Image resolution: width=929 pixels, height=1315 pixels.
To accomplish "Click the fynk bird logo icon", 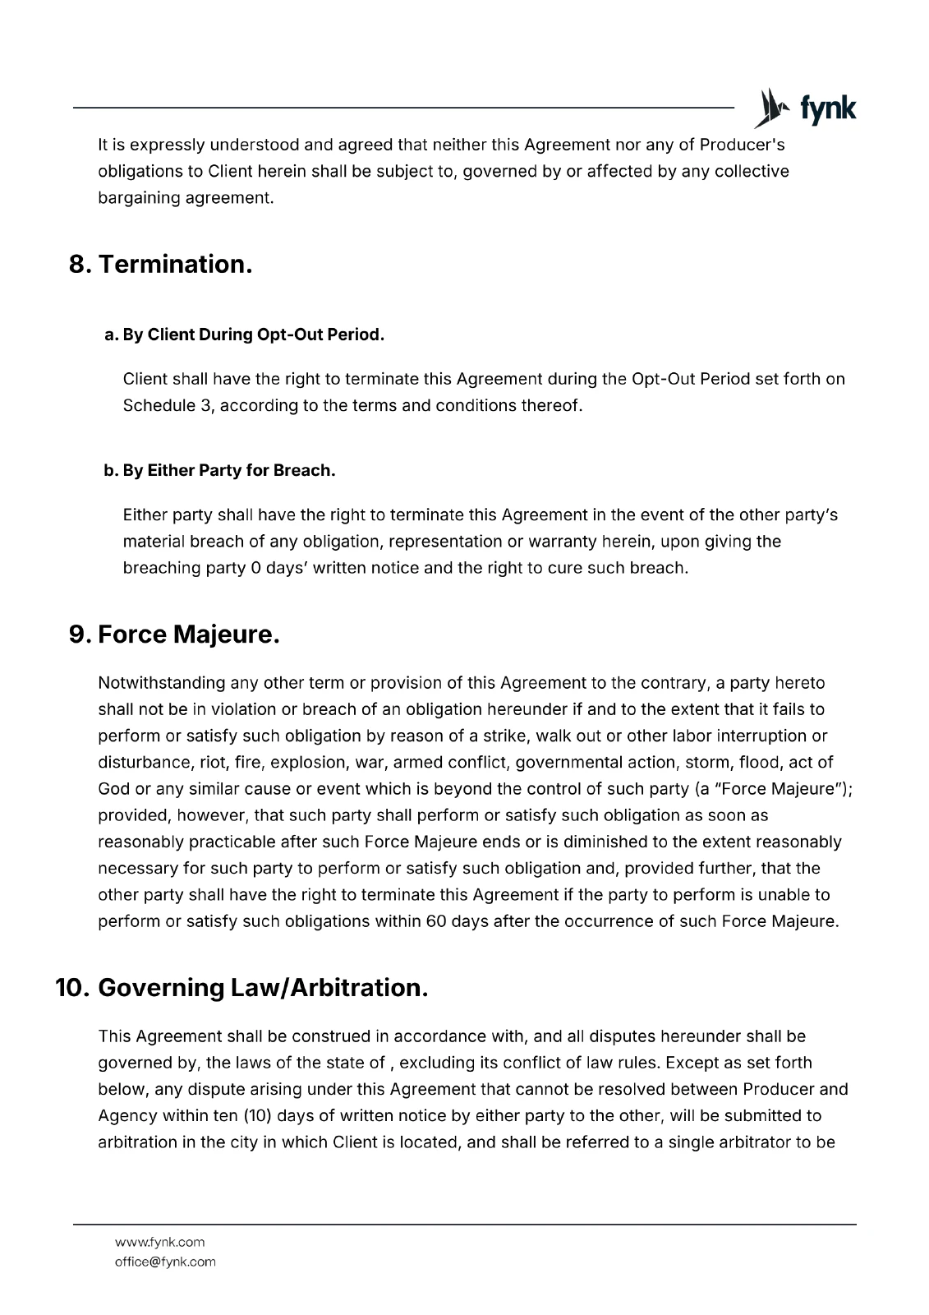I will point(769,108).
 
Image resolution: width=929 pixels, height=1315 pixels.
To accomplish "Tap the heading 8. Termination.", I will point(160,264).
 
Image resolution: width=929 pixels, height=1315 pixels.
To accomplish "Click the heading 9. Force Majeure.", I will point(174,634).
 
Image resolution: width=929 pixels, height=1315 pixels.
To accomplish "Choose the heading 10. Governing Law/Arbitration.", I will point(242,987).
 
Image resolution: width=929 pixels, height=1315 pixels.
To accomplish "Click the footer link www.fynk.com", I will point(160,1242).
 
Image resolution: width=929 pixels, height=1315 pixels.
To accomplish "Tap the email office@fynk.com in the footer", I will point(165,1262).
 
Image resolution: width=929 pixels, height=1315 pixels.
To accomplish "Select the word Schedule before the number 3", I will point(159,405).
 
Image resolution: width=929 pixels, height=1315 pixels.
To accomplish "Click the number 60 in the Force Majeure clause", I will point(436,920).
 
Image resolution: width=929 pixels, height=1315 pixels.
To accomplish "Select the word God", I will point(113,788).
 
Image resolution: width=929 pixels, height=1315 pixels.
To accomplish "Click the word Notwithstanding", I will point(162,683).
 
